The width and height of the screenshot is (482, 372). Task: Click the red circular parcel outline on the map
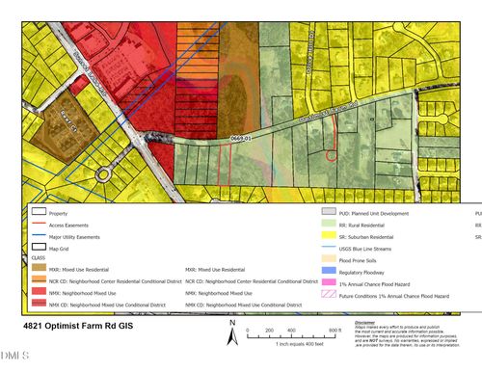pyautogui.click(x=330, y=153)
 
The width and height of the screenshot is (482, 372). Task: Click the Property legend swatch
pyautogui.click(x=39, y=212)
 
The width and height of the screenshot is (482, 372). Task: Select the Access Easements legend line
pyautogui.click(x=39, y=224)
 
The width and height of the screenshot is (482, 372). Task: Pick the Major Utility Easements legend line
pyautogui.click(x=39, y=234)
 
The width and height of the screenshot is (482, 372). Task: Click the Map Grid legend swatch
pyautogui.click(x=39, y=246)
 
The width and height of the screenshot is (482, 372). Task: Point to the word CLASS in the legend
pyautogui.click(x=40, y=257)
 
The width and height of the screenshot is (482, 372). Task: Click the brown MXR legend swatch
pyautogui.click(x=39, y=269)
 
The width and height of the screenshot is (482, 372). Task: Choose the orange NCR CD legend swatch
pyautogui.click(x=39, y=280)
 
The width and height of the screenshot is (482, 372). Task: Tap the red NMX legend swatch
pyautogui.click(x=39, y=292)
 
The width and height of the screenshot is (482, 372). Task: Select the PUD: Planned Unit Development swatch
pyautogui.click(x=328, y=211)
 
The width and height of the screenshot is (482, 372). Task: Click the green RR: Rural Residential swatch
pyautogui.click(x=328, y=223)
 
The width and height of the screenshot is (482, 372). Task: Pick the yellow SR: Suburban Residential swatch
pyautogui.click(x=328, y=234)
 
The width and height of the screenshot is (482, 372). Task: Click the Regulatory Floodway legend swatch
pyautogui.click(x=328, y=269)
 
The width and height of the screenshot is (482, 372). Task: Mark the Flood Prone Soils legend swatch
pyautogui.click(x=328, y=257)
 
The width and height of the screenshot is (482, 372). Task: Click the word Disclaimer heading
pyautogui.click(x=365, y=322)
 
